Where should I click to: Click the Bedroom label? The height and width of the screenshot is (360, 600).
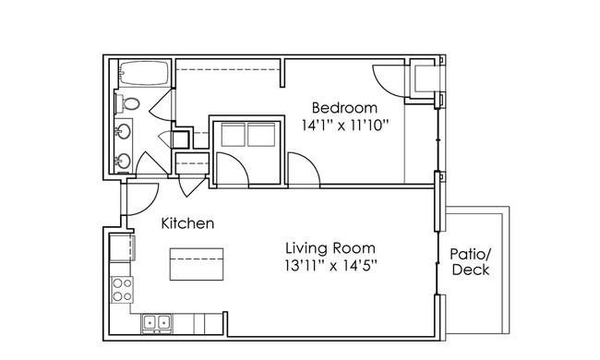[x=344, y=108]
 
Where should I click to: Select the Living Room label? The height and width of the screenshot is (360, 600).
[x=330, y=248]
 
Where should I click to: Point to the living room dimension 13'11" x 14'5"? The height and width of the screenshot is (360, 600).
[x=330, y=266]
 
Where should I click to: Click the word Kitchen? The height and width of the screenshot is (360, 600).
[x=187, y=223]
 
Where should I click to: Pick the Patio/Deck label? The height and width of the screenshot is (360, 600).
[x=471, y=262]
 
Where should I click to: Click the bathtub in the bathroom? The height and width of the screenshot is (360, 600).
[x=144, y=73]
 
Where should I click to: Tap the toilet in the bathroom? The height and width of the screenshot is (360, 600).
[x=127, y=103]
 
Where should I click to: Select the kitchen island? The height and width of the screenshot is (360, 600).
[x=197, y=264]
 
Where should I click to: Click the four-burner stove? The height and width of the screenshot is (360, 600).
[x=122, y=290]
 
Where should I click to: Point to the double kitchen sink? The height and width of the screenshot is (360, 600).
[x=157, y=323]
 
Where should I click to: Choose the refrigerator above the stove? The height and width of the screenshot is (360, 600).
[x=122, y=248]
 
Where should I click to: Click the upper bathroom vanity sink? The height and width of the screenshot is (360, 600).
[x=124, y=132]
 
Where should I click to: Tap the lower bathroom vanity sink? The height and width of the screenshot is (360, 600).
[x=124, y=161]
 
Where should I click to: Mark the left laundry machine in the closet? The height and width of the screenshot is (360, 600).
[x=233, y=134]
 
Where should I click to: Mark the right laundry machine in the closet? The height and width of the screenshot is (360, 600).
[x=261, y=134]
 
